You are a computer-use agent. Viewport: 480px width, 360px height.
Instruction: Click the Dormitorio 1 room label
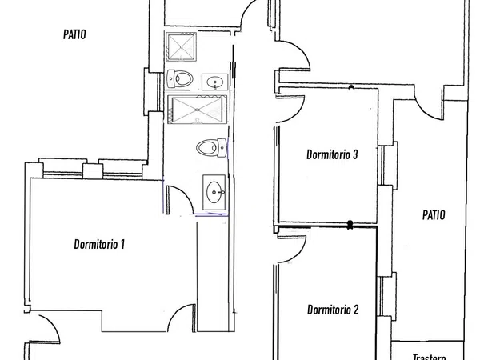(x=99, y=244)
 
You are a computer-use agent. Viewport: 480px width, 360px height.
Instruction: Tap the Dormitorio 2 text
(x=333, y=310)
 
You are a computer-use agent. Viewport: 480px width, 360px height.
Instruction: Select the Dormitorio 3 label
(x=332, y=154)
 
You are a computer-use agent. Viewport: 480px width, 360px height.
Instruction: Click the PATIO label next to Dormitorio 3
(x=434, y=215)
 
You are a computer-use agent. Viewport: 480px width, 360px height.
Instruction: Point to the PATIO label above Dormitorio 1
(x=74, y=34)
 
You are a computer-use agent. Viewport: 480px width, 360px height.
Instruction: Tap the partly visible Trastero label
(x=429, y=357)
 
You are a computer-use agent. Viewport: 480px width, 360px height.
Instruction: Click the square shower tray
(x=181, y=47)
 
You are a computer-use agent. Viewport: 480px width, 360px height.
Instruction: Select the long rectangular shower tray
(x=197, y=110)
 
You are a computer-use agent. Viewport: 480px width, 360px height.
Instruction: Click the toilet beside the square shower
(x=179, y=78)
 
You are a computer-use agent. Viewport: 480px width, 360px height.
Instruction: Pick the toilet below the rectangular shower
(x=212, y=147)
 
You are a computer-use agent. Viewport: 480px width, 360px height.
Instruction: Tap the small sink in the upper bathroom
(x=215, y=82)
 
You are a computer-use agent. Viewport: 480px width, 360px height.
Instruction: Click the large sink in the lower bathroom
(x=214, y=192)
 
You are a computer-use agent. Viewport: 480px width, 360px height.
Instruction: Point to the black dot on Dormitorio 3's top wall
(x=351, y=87)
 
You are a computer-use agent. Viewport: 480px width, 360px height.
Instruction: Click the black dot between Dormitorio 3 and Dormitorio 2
(x=350, y=224)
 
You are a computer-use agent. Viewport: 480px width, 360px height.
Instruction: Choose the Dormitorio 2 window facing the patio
(x=387, y=294)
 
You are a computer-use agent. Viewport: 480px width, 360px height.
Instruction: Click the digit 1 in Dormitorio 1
(x=122, y=244)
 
